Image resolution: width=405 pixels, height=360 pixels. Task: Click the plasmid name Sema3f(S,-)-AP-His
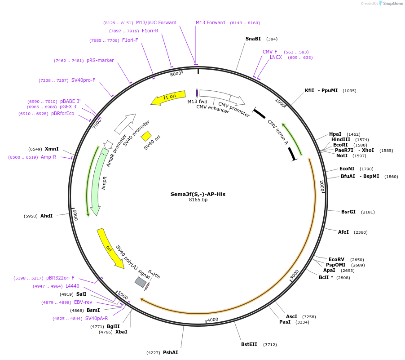point(198,194)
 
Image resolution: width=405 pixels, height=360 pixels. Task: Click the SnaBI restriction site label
point(253,39)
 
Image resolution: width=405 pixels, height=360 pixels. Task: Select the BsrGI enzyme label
point(348,212)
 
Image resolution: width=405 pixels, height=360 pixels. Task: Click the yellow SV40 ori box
point(146,136)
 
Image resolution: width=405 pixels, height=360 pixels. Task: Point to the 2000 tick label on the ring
point(321,186)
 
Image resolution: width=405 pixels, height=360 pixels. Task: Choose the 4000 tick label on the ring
point(212,320)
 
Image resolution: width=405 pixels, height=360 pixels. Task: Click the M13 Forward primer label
point(210,22)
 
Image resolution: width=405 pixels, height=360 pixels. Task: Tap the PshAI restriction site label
point(170,352)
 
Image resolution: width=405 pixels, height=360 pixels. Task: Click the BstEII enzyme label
point(249,344)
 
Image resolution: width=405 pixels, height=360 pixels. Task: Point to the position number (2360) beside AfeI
point(361,232)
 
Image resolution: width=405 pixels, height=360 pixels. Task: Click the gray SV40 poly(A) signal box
point(141,282)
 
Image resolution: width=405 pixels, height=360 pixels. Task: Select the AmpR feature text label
point(105,183)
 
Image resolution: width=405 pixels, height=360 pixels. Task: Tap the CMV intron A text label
point(277,132)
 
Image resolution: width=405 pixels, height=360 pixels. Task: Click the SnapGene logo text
point(392,4)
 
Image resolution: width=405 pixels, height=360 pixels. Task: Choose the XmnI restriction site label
point(52,148)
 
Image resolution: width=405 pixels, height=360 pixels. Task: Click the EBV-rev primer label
point(83,302)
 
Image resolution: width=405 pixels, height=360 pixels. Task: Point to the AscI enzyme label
point(291,316)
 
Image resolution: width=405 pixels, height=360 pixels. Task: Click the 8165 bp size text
point(198,200)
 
